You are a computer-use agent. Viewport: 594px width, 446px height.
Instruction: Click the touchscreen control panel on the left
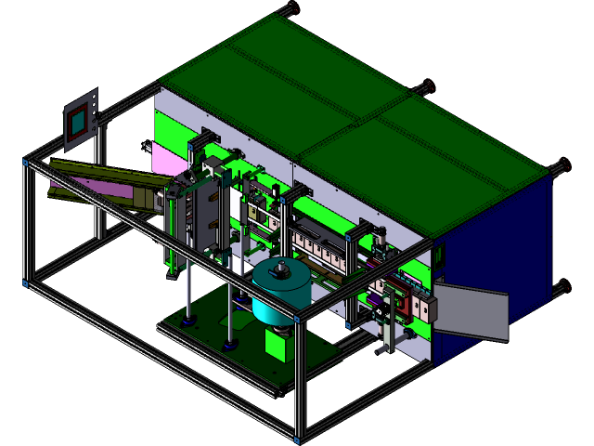80,119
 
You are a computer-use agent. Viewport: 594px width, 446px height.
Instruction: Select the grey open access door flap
471,311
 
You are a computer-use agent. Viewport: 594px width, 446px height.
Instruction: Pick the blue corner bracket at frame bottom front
297,436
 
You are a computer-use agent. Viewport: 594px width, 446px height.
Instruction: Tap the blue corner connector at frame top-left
26,163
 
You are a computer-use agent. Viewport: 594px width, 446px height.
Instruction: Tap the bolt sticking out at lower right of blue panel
560,286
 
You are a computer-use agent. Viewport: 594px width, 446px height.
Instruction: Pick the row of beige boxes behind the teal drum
320,251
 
